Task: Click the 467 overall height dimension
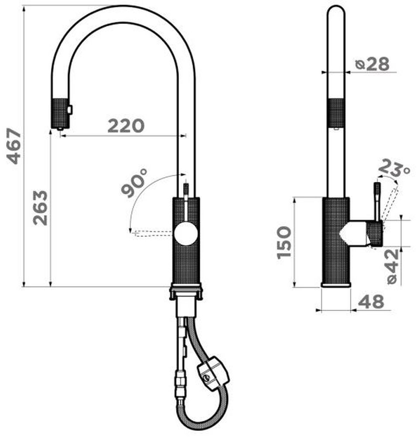point(14,146)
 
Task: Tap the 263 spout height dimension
point(40,208)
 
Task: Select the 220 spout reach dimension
point(126,126)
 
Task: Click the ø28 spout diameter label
point(372,64)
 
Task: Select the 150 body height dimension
point(284,242)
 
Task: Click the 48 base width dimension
point(371,302)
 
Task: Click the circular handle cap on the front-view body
point(185,234)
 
